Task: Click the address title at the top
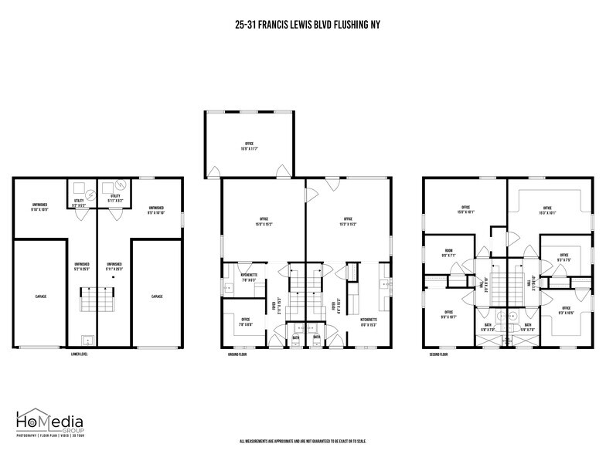point(308,24)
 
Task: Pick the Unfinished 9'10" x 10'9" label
point(40,208)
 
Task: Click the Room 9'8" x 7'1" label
point(448,252)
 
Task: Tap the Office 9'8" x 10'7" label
point(448,316)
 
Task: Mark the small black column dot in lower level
point(113,277)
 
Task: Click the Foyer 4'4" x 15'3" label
point(334,306)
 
